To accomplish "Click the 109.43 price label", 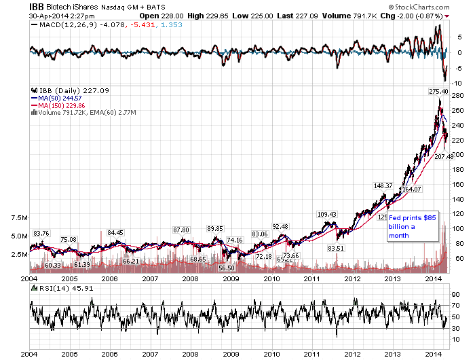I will (x=327, y=214).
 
